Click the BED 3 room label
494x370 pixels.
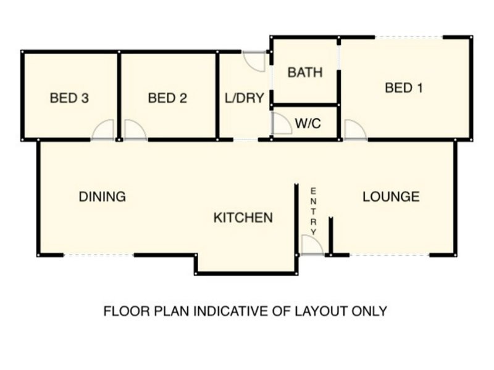[x=69, y=98]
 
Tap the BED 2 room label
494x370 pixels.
[x=167, y=98]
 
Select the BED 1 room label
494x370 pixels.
[x=404, y=88]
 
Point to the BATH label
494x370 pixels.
[x=305, y=73]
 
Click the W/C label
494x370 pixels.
[x=308, y=123]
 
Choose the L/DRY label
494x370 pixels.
[x=244, y=98]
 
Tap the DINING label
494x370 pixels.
[x=103, y=197]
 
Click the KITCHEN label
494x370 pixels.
[x=243, y=218]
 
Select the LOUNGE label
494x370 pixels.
[x=391, y=197]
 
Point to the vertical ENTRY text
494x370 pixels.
[x=314, y=211]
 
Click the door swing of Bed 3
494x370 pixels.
[x=104, y=130]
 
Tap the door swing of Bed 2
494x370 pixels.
[x=134, y=130]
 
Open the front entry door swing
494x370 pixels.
[x=311, y=245]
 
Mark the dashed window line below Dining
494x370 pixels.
[x=98, y=255]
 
